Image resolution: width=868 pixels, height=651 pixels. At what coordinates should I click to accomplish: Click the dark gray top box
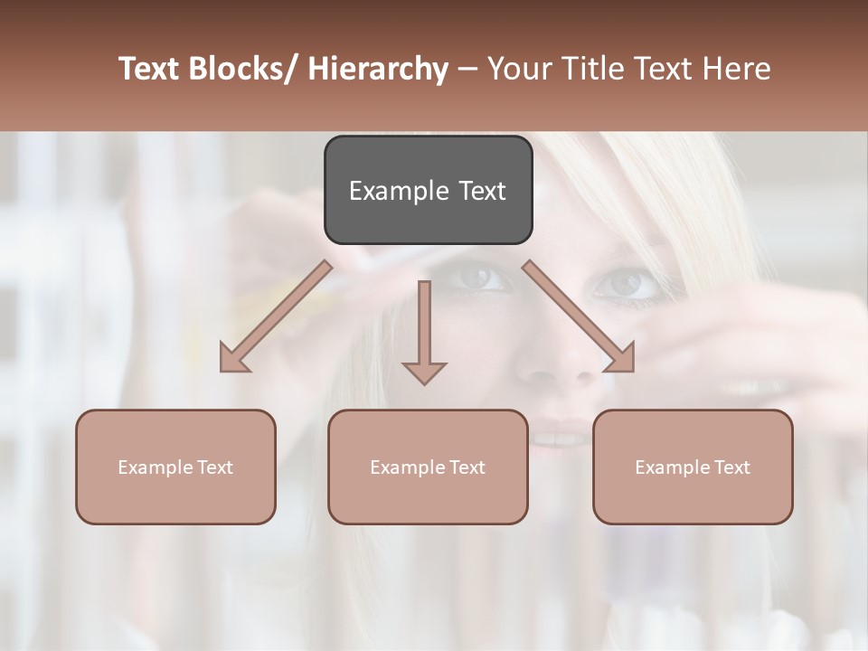[428, 190]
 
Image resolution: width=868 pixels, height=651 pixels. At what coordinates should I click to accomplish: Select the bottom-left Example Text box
[175, 467]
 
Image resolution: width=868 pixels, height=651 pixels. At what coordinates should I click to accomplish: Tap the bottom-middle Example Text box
[428, 467]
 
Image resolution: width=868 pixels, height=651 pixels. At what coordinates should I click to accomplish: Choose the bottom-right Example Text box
[693, 467]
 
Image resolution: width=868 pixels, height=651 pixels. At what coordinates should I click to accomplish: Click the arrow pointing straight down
[424, 330]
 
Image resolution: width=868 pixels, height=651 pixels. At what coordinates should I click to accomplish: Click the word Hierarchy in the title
[378, 69]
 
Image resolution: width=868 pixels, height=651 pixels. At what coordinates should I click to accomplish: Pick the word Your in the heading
[519, 69]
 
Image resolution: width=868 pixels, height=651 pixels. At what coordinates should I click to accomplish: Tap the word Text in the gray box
[481, 191]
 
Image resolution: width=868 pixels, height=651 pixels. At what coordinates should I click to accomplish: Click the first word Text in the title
[151, 69]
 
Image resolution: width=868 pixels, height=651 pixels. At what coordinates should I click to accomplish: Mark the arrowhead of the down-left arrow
[233, 359]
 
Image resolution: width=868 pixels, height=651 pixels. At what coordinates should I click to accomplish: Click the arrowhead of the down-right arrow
[621, 359]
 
